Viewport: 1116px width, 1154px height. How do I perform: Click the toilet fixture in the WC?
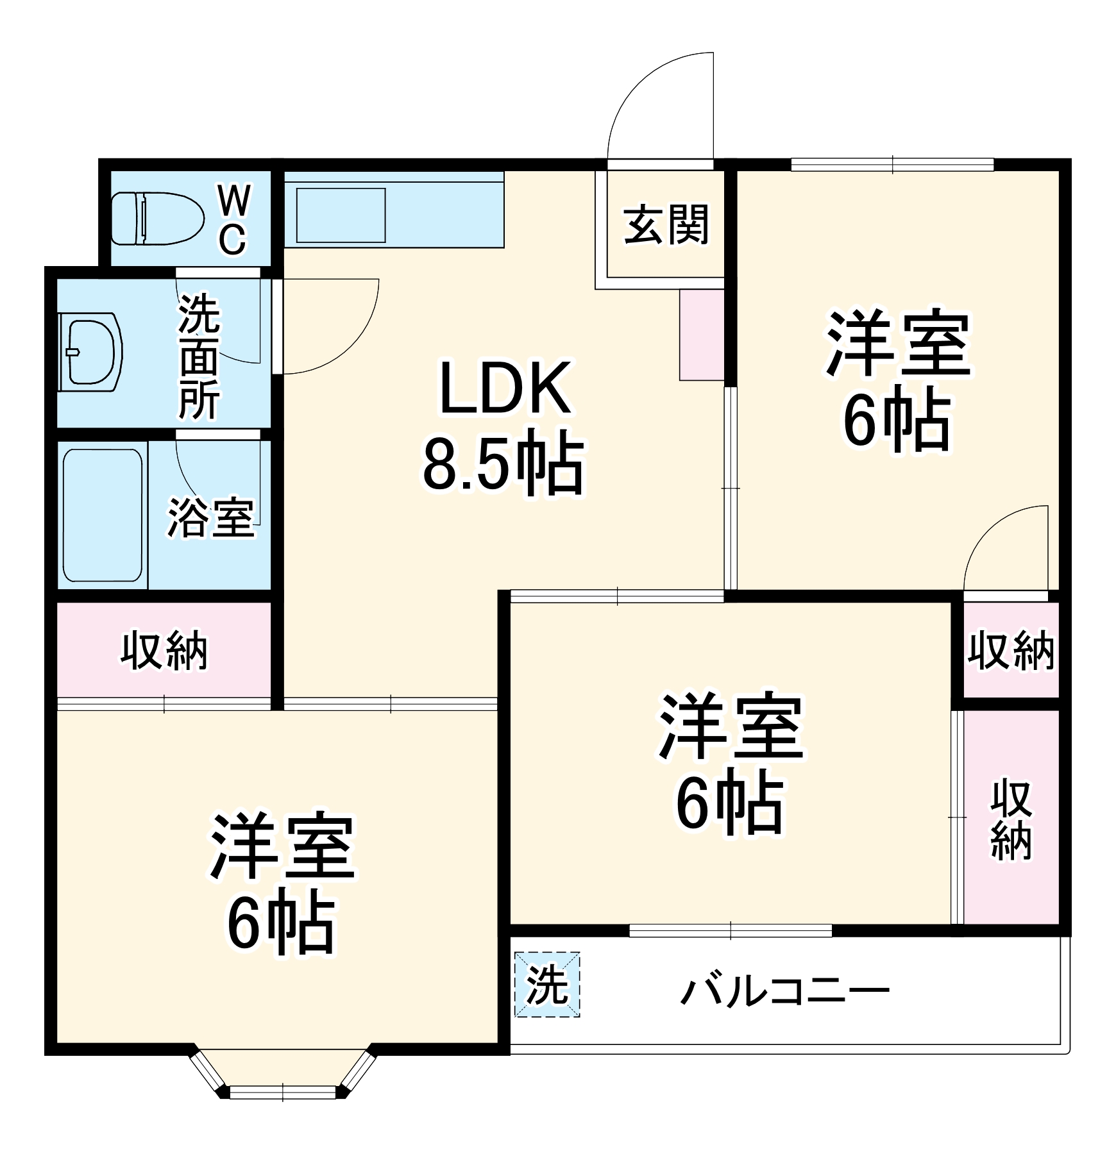156,219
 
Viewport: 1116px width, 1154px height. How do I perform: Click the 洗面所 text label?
199,356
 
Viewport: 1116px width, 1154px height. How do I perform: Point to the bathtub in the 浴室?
103,515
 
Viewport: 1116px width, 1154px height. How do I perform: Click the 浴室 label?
211,517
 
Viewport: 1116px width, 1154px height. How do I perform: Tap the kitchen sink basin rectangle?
341,215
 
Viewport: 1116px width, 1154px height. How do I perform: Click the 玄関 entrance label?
666,224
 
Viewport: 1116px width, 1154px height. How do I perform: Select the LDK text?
504,389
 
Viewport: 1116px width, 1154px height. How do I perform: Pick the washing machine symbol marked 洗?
547,984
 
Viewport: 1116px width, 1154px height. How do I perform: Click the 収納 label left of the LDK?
164,651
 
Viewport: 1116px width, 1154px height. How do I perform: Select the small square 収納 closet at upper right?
1011,649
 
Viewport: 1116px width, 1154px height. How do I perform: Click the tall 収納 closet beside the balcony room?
1011,819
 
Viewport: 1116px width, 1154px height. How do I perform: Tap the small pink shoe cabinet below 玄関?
702,335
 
